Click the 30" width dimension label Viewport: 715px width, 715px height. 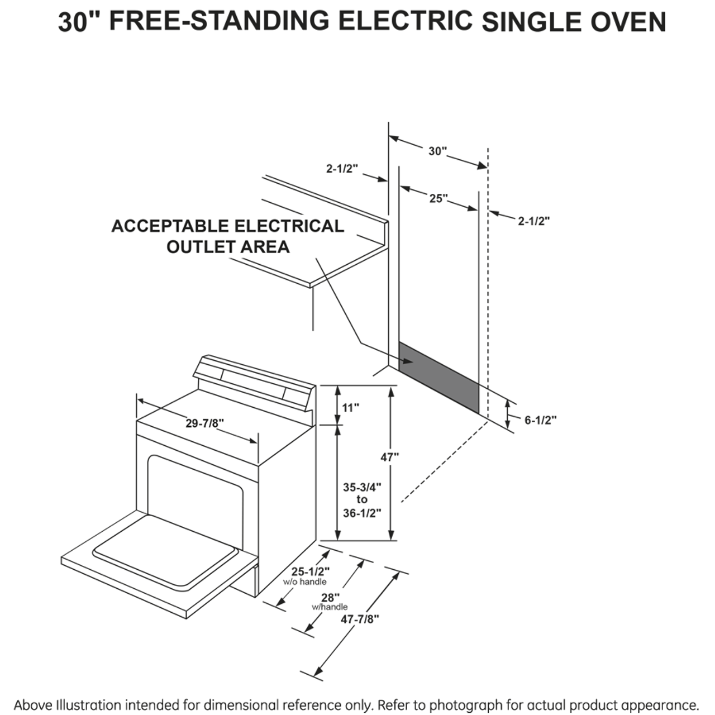coord(438,151)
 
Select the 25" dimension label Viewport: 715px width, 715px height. coord(438,198)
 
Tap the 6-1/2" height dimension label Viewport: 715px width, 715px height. coord(540,420)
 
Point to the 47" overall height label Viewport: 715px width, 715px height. coord(390,457)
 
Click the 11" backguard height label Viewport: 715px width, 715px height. coord(350,408)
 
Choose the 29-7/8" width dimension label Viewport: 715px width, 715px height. coord(204,423)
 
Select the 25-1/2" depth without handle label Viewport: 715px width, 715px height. coord(311,571)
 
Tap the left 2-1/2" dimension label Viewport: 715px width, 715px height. coord(342,168)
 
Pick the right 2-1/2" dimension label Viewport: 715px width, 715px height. coord(533,221)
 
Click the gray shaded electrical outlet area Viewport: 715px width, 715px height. coord(438,378)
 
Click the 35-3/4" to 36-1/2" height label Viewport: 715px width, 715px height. coord(362,499)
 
